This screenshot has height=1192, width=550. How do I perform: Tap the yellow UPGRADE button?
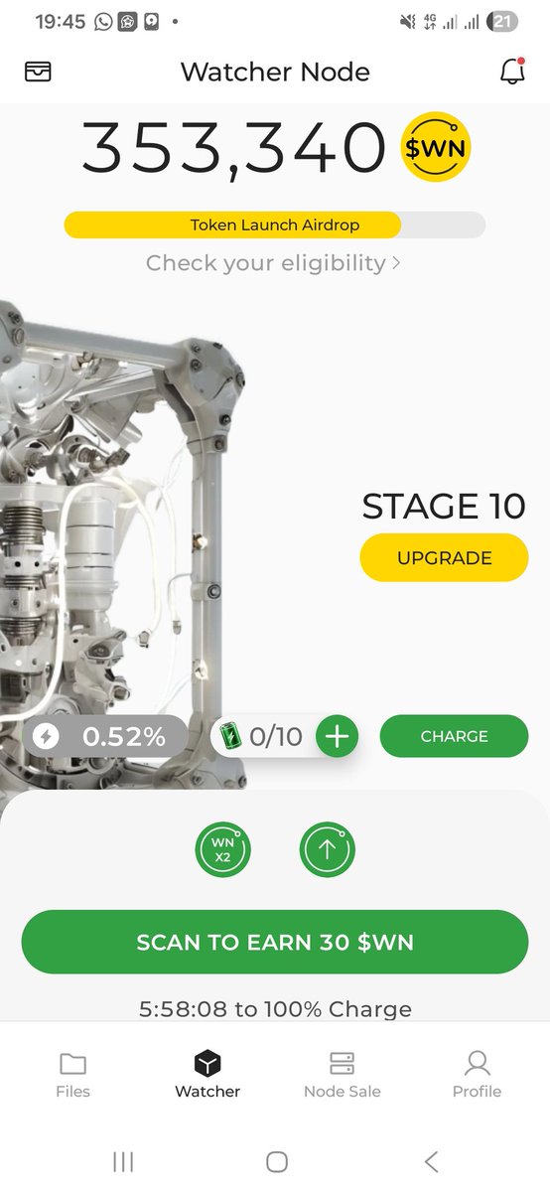click(x=444, y=557)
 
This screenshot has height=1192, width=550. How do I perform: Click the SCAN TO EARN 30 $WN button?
click(x=275, y=942)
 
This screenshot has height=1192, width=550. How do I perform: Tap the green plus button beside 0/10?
click(x=337, y=736)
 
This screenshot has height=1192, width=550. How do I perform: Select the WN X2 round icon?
click(x=222, y=849)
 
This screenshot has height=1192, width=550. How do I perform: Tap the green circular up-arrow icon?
click(x=328, y=849)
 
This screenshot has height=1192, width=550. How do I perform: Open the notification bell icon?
click(x=512, y=71)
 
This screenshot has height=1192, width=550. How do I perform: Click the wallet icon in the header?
click(x=38, y=72)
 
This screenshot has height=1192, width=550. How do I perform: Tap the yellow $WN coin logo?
click(x=436, y=147)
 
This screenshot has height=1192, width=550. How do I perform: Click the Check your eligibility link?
click(x=273, y=263)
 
